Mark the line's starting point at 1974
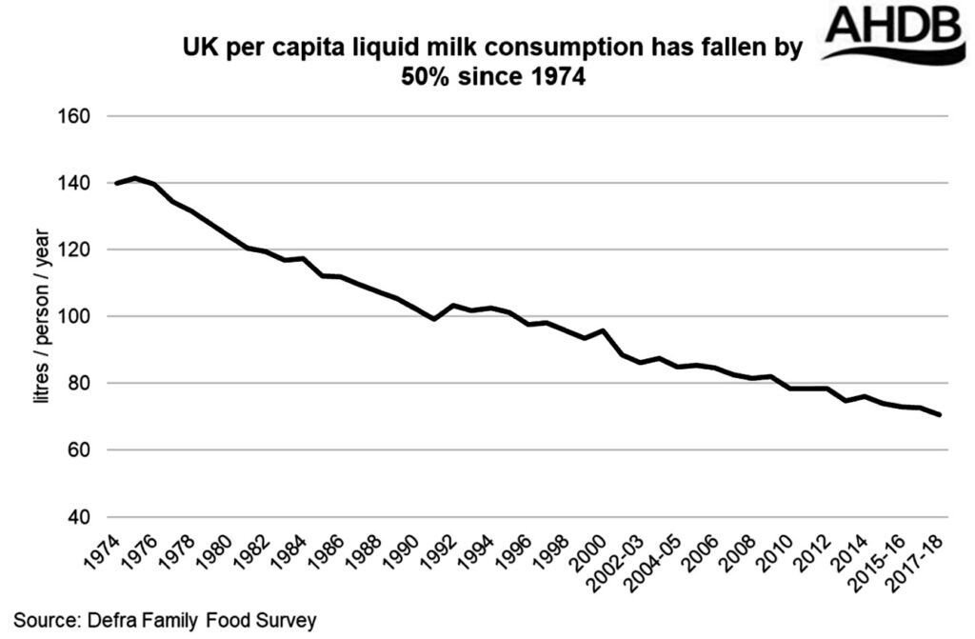(x=116, y=183)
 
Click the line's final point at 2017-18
(x=940, y=415)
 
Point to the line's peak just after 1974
(x=135, y=178)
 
